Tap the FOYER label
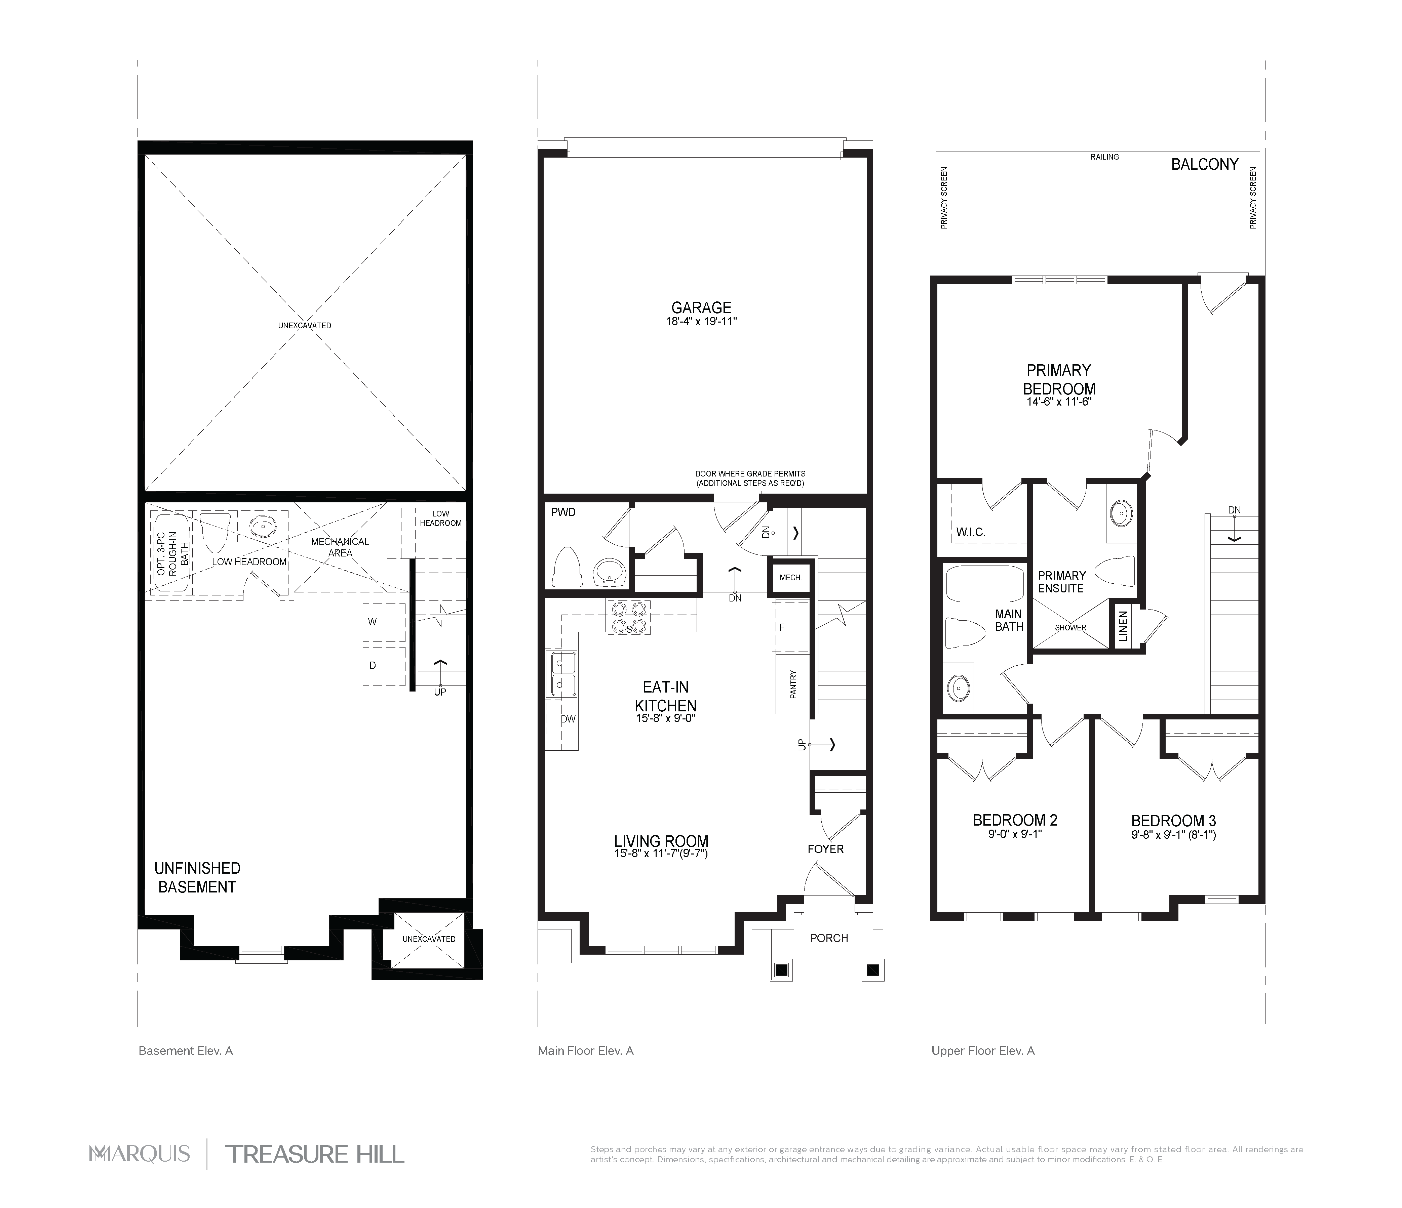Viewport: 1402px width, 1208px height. tap(825, 849)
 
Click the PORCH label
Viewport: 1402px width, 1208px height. tap(829, 938)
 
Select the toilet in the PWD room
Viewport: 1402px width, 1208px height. tap(568, 567)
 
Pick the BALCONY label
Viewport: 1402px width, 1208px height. tap(1204, 164)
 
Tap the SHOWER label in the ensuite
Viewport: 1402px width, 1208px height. tap(1070, 628)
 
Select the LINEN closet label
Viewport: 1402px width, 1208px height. tap(1123, 626)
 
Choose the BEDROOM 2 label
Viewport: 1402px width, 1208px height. tap(1015, 821)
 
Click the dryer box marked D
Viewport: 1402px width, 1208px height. tap(384, 666)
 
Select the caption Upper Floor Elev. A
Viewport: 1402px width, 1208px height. tap(982, 1050)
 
